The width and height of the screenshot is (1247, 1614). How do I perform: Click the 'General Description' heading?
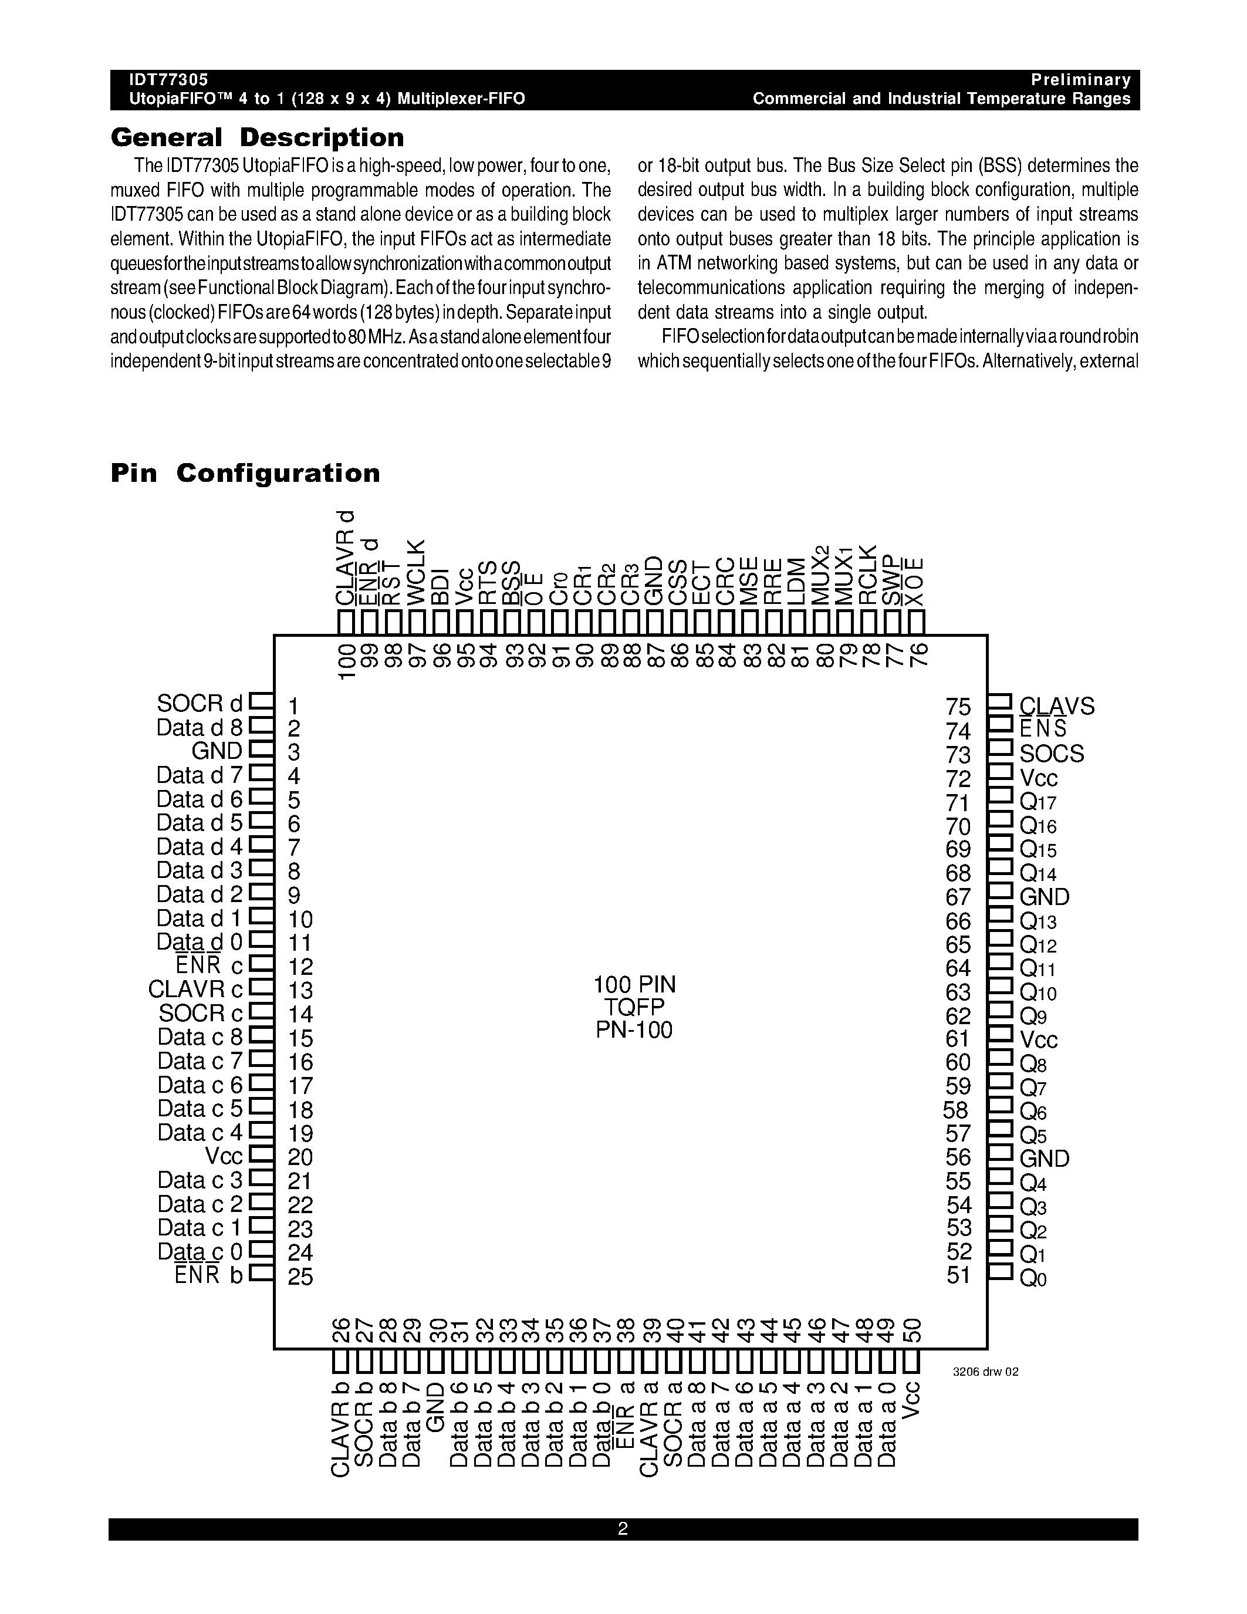point(257,137)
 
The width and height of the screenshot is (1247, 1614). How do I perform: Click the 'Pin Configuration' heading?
point(245,473)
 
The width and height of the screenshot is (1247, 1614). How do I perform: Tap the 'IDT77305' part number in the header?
point(169,80)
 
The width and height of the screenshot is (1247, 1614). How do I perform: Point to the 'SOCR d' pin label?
point(200,703)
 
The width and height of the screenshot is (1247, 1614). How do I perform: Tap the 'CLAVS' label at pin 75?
point(1056,707)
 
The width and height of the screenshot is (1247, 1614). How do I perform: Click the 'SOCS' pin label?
point(1051,754)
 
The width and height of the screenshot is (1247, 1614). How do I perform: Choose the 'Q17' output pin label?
point(1038,802)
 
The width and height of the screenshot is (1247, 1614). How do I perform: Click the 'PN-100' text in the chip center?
point(634,1029)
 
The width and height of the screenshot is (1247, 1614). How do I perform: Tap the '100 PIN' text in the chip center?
point(634,984)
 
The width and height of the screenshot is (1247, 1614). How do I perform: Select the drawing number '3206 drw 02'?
point(985,1372)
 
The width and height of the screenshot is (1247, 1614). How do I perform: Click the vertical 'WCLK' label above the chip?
point(417,573)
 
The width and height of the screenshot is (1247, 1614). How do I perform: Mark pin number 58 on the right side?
point(956,1110)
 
